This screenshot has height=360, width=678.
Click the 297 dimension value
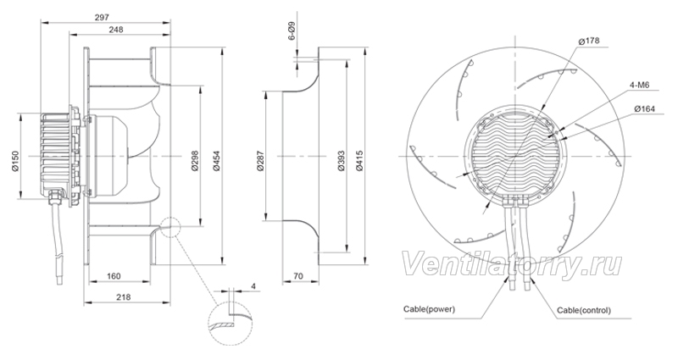tap(102, 17)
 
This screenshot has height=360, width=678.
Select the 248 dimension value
tap(116, 30)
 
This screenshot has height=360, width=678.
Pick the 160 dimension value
tap(114, 276)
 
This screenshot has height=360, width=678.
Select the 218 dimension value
tap(124, 297)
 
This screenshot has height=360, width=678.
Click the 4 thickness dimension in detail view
tap(253, 286)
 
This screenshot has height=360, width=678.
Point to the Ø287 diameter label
tap(260, 161)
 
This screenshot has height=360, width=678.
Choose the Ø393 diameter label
tap(341, 161)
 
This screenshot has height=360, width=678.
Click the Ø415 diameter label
tap(359, 161)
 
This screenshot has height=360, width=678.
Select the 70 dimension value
tap(298, 276)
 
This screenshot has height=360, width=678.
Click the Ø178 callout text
tap(588, 41)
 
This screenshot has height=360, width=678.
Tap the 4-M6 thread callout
tap(640, 86)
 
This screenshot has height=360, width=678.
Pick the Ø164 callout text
tap(645, 109)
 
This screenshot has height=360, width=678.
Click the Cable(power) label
tap(429, 309)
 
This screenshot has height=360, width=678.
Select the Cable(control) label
tap(584, 310)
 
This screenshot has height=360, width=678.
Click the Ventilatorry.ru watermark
tap(512, 265)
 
